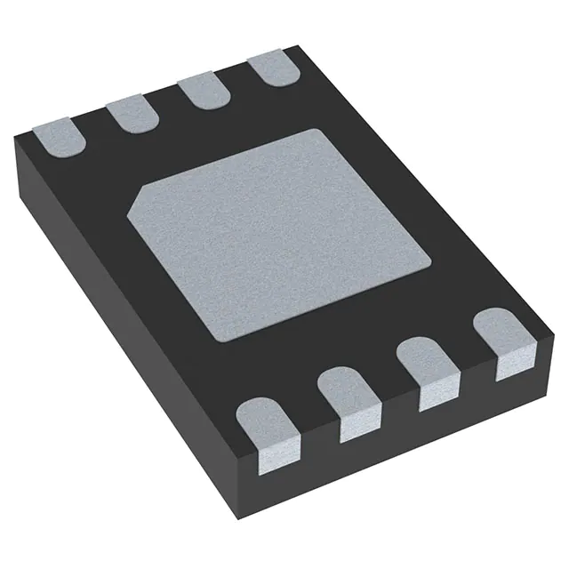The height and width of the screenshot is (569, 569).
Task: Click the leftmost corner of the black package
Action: click(x=17, y=142)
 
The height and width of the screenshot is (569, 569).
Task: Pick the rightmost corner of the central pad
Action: click(x=432, y=259)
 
